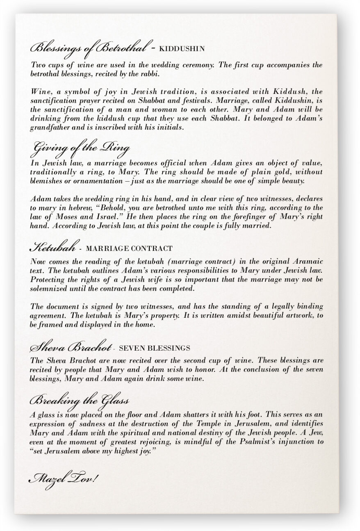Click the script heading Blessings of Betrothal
tap(88, 48)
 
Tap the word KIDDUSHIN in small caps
tap(182, 49)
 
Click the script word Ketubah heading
tap(53, 248)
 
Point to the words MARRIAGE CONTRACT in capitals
tap(129, 248)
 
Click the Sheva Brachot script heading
tap(71, 348)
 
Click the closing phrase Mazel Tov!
tap(63, 478)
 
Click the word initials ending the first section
tap(170, 128)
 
